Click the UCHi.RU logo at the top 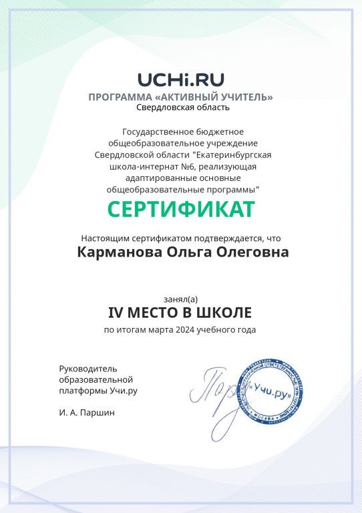[x=180, y=80]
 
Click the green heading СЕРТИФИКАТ [x=181, y=210]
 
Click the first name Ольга [x=182, y=252]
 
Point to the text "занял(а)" [x=181, y=299]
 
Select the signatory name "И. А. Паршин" [x=87, y=412]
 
